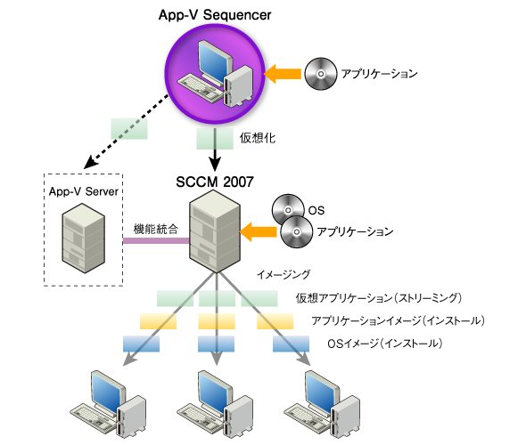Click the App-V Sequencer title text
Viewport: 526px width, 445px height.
click(x=215, y=15)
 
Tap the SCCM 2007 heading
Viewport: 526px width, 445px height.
click(x=215, y=182)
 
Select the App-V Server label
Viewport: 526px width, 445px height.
click(x=84, y=191)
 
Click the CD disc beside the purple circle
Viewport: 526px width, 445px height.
click(x=321, y=74)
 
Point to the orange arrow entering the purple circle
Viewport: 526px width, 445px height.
click(x=283, y=74)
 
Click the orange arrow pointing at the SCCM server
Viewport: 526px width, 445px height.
click(x=259, y=231)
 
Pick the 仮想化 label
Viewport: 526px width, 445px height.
click(x=258, y=138)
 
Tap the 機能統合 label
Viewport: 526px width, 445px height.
click(x=156, y=230)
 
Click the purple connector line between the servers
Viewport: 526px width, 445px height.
click(x=156, y=240)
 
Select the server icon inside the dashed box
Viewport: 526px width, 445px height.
click(x=83, y=238)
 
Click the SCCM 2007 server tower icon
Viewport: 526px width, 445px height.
click(x=215, y=231)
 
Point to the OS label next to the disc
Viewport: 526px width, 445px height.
click(x=316, y=210)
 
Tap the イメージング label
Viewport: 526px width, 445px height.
click(x=284, y=275)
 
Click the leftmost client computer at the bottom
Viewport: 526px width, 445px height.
click(x=108, y=406)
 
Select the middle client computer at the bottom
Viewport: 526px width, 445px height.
click(x=215, y=406)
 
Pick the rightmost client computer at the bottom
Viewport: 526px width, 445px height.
click(x=322, y=406)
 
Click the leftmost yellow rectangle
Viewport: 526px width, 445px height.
click(x=159, y=321)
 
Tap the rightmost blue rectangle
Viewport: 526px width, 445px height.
click(x=291, y=344)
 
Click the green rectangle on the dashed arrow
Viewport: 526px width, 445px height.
click(x=129, y=128)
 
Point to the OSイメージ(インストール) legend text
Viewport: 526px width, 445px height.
click(x=385, y=344)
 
